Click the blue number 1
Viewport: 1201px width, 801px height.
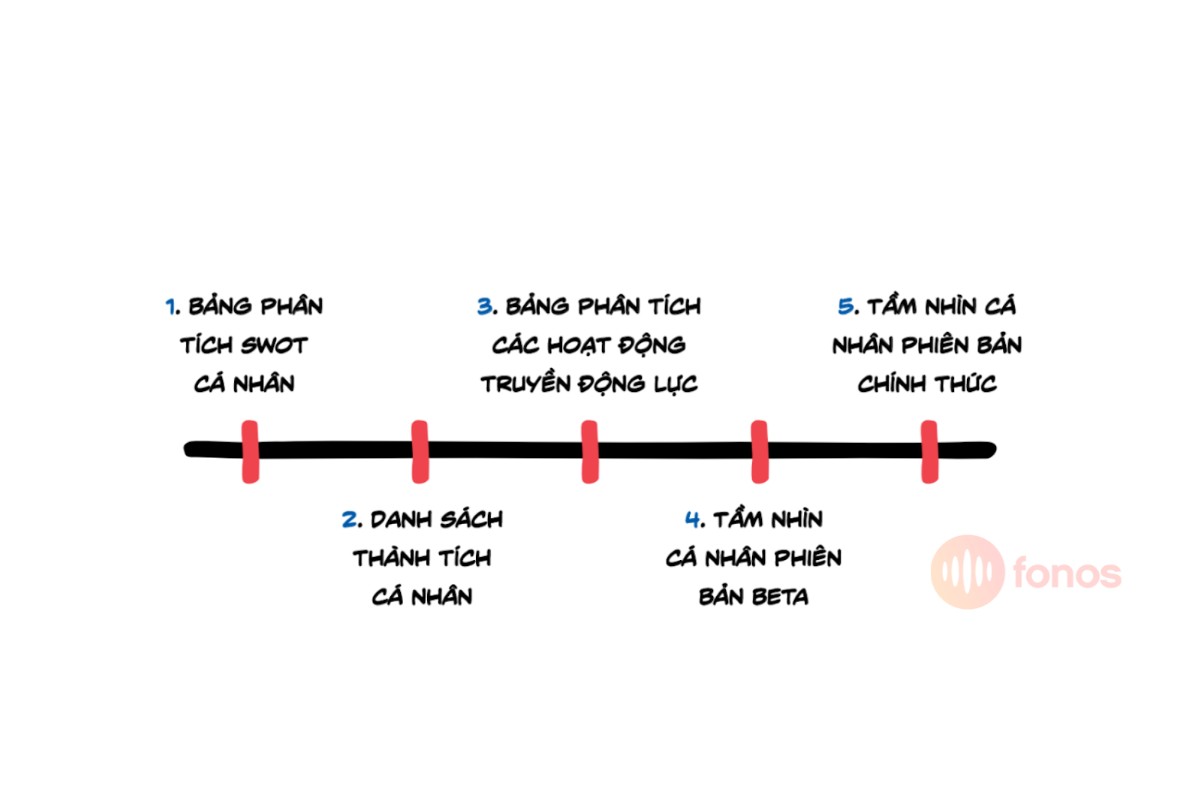[x=170, y=306]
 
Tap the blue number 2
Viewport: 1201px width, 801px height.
[x=350, y=519]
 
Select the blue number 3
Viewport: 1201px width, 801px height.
[x=485, y=306]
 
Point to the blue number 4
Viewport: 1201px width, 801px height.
[x=693, y=519]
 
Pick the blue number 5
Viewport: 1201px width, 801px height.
[x=845, y=306]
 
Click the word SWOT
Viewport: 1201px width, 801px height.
[x=274, y=345]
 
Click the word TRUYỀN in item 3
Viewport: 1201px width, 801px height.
[x=525, y=383]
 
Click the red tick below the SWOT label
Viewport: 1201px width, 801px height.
[x=251, y=451]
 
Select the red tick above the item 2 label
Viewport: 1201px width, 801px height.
[x=420, y=451]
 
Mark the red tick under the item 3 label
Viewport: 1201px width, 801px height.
[x=590, y=451]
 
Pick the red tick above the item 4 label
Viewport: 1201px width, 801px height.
[x=760, y=451]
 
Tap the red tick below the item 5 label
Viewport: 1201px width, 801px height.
[x=930, y=451]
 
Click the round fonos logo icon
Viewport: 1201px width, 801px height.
[x=968, y=571]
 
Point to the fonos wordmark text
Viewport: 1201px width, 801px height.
[x=1067, y=572]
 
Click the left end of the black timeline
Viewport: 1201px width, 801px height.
[x=185, y=449]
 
